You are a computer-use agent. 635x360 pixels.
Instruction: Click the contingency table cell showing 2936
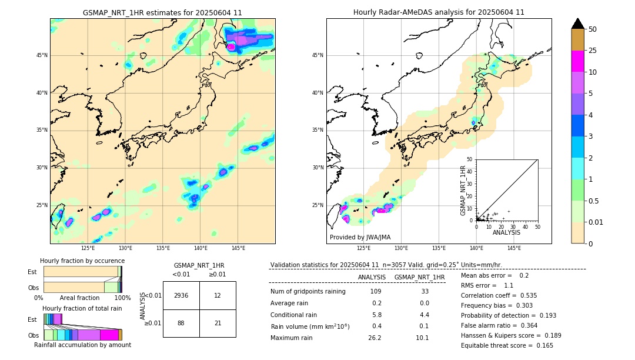pos(181,295)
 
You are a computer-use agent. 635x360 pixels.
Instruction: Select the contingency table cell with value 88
pos(181,323)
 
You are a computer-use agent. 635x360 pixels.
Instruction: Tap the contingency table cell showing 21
pos(218,323)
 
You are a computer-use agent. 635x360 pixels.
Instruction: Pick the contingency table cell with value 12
pos(218,295)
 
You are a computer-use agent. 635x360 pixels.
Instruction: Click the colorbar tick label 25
pos(593,51)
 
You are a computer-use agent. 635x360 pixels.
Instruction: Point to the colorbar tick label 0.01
pos(596,222)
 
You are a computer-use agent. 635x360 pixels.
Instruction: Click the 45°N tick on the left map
pos(42,55)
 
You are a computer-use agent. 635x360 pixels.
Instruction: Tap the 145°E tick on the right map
pos(514,248)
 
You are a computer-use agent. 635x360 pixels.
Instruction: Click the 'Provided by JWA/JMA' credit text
pos(360,237)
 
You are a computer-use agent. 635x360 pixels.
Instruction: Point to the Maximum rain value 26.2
pos(375,338)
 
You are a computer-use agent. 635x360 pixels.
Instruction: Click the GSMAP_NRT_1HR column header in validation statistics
pos(419,277)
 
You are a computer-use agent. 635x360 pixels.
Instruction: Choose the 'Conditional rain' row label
pos(296,315)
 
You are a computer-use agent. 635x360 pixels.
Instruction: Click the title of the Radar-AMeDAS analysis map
pos(439,12)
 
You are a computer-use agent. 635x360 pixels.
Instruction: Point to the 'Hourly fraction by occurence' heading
pos(82,261)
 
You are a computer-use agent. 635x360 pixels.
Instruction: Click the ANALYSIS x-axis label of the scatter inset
pos(506,232)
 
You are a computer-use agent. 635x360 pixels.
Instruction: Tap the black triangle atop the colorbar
pos(578,24)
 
